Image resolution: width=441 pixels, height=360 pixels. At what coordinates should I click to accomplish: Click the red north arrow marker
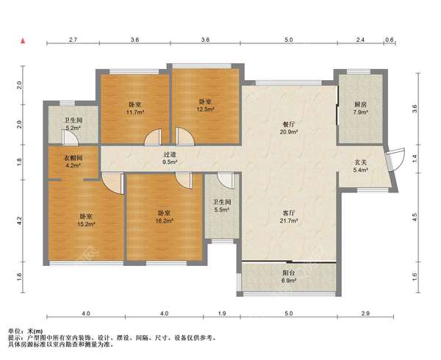24,41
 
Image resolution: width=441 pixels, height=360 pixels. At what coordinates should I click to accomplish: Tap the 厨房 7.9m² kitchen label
361,108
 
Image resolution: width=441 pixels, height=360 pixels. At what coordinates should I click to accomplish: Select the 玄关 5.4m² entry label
361,166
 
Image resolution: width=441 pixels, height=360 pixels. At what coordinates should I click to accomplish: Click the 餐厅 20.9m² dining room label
290,128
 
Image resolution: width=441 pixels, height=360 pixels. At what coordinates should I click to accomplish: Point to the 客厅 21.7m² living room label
290,217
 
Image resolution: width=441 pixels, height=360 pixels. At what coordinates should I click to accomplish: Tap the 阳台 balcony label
290,273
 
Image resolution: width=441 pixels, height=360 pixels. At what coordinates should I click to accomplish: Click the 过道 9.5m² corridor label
171,158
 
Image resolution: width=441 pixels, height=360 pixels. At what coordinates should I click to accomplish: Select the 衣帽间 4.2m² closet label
73,162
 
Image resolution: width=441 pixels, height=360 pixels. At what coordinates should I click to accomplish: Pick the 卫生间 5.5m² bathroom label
222,206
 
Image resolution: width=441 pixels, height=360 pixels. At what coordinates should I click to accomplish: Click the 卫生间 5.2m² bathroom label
73,124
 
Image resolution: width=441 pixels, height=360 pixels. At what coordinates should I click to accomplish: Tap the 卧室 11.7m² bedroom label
135,108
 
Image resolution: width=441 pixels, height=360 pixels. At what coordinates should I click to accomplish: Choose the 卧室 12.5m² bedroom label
206,105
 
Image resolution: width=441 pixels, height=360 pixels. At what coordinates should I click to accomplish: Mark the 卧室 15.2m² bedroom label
86,220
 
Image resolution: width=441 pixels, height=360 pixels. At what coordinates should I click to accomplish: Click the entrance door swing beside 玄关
396,159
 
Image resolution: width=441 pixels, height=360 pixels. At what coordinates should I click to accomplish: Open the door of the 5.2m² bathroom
70,137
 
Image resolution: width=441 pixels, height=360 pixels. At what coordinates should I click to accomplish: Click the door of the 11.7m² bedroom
154,137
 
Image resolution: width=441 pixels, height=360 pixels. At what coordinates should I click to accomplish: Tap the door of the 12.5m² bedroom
184,137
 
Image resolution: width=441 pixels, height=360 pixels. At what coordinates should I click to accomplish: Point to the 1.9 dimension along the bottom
222,313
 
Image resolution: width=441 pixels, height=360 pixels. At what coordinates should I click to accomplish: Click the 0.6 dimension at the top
390,40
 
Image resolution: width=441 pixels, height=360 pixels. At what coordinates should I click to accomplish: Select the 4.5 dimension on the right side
415,217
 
